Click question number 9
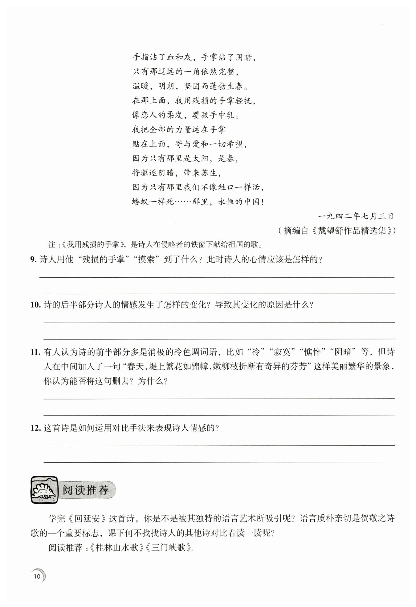click(33, 259)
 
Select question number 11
click(35, 352)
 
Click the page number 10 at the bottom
click(37, 576)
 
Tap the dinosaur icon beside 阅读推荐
click(44, 489)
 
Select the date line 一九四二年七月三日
click(356, 216)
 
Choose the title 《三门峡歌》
click(168, 548)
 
